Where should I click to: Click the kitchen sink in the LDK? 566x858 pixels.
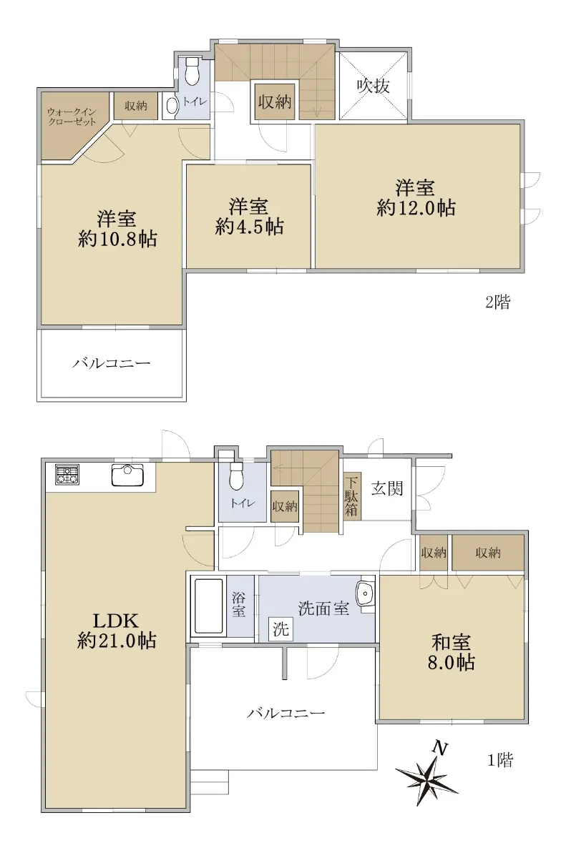coord(127,475)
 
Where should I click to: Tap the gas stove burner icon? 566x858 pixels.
coord(67,475)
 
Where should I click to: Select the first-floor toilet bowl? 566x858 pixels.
coord(235,476)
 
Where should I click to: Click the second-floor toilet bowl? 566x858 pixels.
coord(191,71)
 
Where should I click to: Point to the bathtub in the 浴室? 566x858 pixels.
coord(208,606)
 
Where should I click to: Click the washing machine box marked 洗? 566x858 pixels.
coord(281,629)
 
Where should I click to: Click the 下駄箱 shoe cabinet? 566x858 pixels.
coord(352,495)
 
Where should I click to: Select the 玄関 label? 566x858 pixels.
coord(387,489)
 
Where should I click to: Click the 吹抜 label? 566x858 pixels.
coord(374,86)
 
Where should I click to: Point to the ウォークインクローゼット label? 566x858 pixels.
coord(72,117)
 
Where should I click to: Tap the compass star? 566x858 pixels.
coord(426,776)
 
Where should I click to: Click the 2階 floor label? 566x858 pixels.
coord(498,302)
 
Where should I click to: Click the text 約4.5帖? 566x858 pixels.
coord(250,227)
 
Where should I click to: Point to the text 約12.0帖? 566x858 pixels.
coord(416,208)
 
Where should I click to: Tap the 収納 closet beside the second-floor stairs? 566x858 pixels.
coord(274,102)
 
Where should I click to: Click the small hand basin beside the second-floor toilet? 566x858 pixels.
coord(171,106)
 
